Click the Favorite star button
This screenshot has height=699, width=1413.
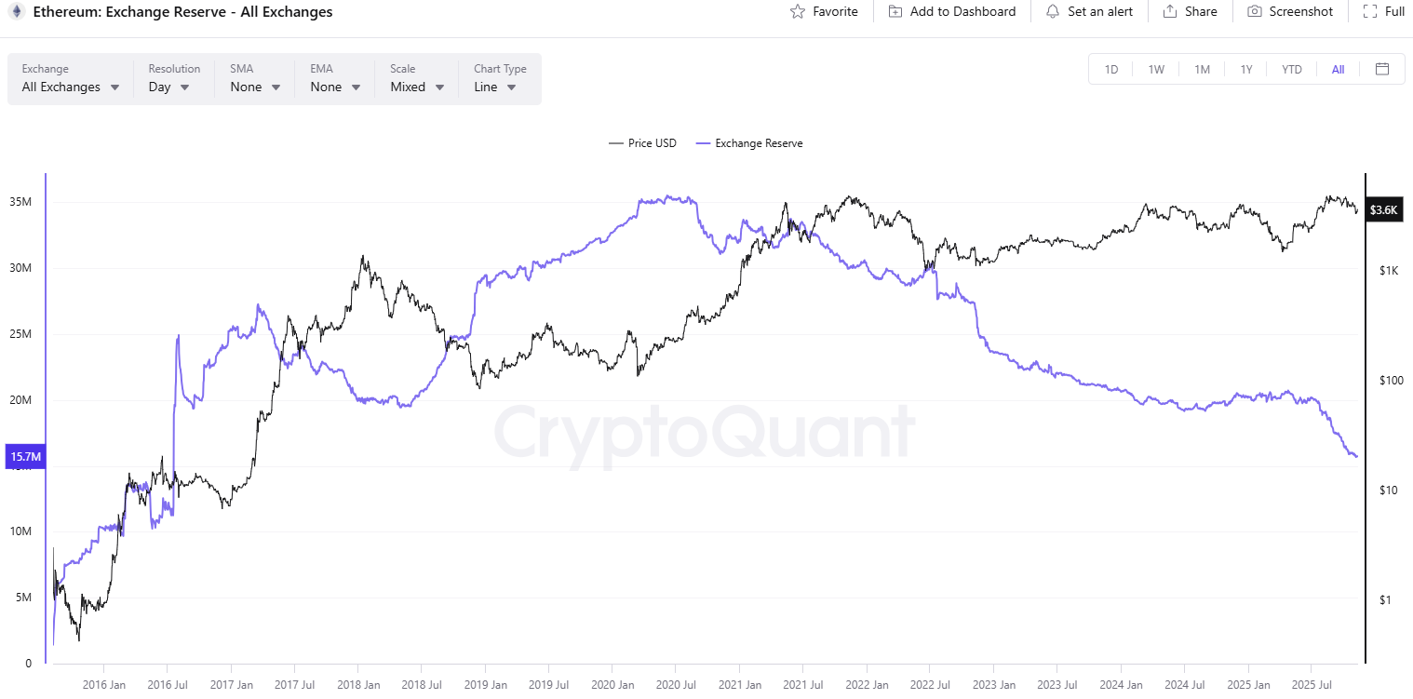pos(824,12)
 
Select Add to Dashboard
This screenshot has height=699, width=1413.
pos(952,12)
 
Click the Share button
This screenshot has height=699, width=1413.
pos(1191,12)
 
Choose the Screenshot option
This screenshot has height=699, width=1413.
pos(1290,12)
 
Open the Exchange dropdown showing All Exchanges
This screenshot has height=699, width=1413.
pos(71,87)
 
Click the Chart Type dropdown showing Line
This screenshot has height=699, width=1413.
pos(497,87)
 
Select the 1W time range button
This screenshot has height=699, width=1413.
pos(1156,69)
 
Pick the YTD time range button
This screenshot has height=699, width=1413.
pos(1292,69)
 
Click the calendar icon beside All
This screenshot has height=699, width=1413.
pos(1382,69)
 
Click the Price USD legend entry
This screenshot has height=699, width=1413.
pos(643,143)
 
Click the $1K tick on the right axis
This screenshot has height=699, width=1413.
pos(1389,270)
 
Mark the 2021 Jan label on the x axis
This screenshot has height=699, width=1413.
pos(739,685)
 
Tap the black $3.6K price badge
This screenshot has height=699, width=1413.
pos(1384,210)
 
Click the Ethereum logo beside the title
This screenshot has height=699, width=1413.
pos(17,12)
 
